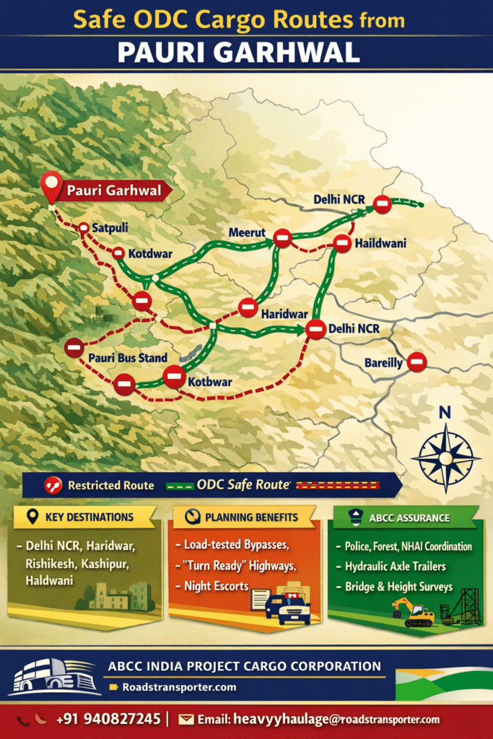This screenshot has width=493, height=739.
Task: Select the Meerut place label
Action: tap(247, 232)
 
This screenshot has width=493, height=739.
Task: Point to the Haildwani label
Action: tap(380, 243)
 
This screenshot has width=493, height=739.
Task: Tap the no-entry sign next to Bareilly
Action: tap(416, 362)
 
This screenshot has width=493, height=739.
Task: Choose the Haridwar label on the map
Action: tap(284, 314)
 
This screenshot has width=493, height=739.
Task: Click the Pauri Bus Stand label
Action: tap(128, 357)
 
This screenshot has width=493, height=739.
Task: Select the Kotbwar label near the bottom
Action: tap(210, 381)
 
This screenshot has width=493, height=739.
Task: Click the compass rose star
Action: tap(445, 458)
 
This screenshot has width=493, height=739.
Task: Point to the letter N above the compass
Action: tap(445, 414)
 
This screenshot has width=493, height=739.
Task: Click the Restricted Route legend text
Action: tap(110, 485)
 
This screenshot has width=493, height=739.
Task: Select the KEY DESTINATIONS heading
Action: tap(90, 517)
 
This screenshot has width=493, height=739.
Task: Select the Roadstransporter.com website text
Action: tap(178, 687)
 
